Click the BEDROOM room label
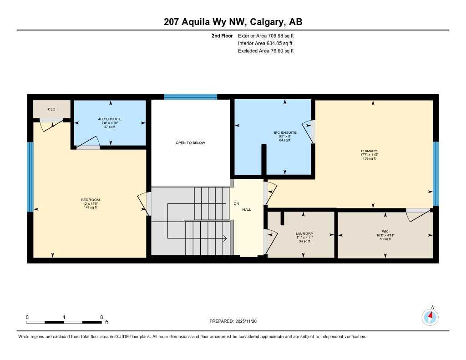[90, 200]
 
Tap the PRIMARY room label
[369, 151]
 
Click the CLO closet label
[51, 109]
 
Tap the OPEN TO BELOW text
[190, 143]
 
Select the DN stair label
[236, 203]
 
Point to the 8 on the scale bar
[101, 317]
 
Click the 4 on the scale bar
[64, 317]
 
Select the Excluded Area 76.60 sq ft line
[266, 51]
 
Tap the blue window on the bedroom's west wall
[30, 177]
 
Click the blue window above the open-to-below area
[190, 96]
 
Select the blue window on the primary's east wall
[436, 173]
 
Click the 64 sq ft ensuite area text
[285, 141]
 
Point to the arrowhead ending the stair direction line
[225, 238]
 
